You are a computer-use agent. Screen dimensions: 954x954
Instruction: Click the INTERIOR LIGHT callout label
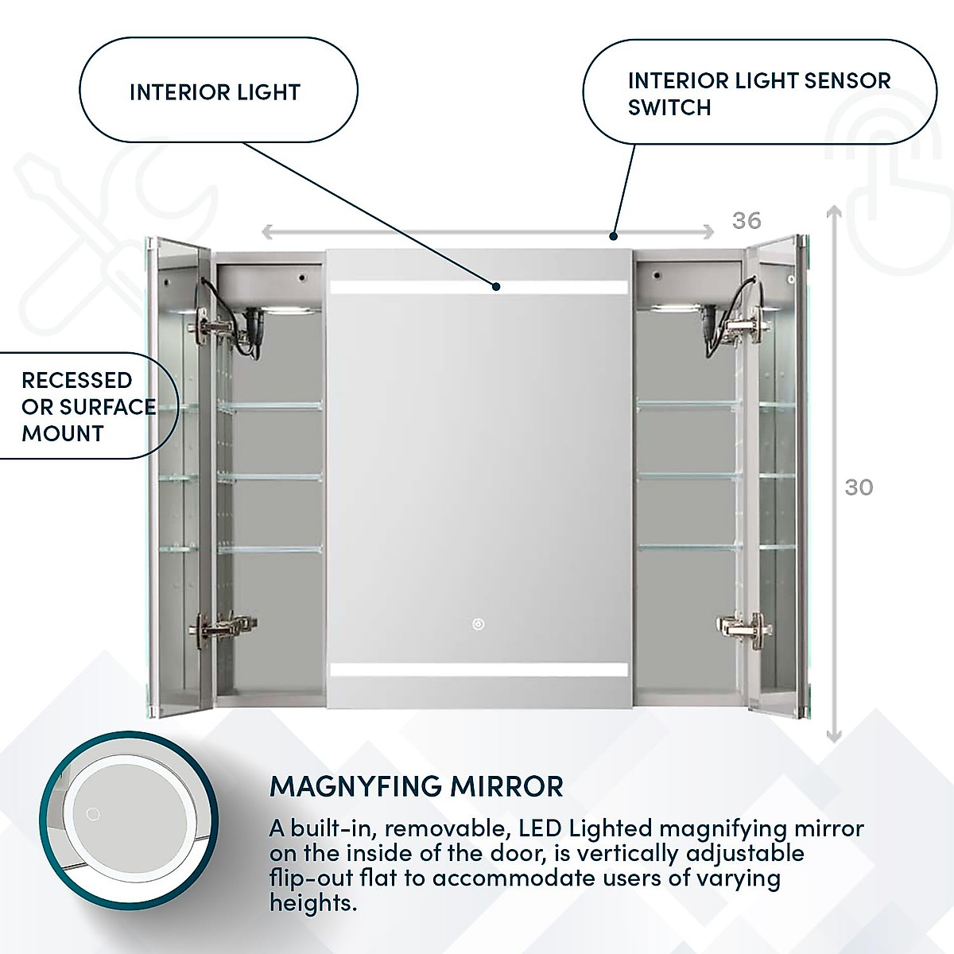pyautogui.click(x=215, y=92)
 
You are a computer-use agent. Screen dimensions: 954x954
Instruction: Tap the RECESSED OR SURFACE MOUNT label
pyautogui.click(x=87, y=406)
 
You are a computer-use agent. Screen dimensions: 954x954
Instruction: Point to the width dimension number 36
pyautogui.click(x=746, y=220)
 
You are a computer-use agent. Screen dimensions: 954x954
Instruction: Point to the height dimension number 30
pyautogui.click(x=859, y=487)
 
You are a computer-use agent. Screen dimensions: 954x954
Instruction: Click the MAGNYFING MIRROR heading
pyautogui.click(x=417, y=785)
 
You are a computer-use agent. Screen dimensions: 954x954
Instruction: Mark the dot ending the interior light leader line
pyautogui.click(x=495, y=285)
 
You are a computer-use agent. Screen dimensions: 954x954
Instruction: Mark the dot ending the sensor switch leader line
pyautogui.click(x=613, y=236)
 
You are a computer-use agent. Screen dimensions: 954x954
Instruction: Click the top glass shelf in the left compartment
pyautogui.click(x=270, y=406)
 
